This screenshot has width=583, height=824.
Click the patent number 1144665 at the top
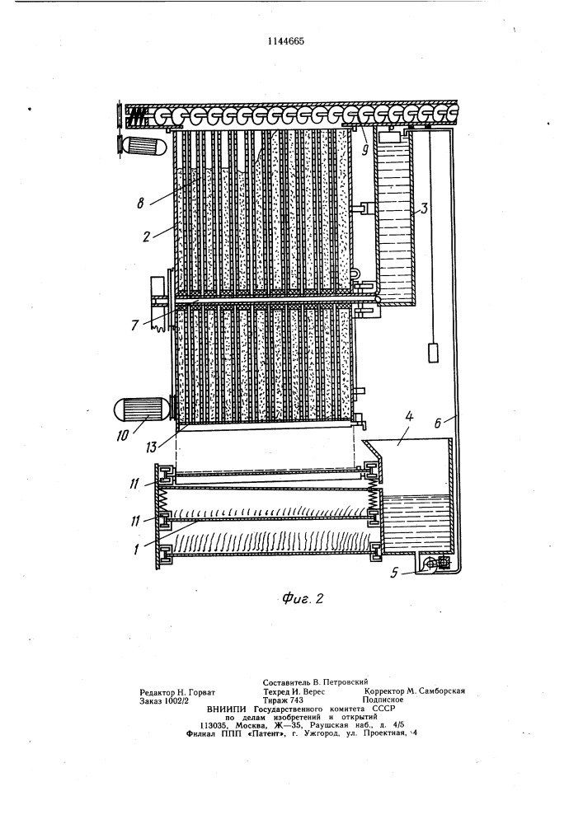pos(285,41)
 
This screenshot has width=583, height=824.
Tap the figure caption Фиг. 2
pos(303,597)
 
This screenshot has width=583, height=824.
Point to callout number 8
pos(140,204)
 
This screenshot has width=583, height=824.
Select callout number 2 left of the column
pos(146,236)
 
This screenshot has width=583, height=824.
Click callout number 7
pos(134,325)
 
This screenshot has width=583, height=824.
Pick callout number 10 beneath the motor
pos(122,436)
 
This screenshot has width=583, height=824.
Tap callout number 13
pos(152,448)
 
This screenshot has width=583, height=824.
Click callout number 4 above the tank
pos(409,419)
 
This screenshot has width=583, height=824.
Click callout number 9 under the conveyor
pos(365,150)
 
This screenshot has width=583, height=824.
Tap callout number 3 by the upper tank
pos(424,208)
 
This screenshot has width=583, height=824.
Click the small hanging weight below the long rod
pos(433,353)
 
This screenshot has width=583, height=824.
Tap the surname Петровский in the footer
pos(345,681)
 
